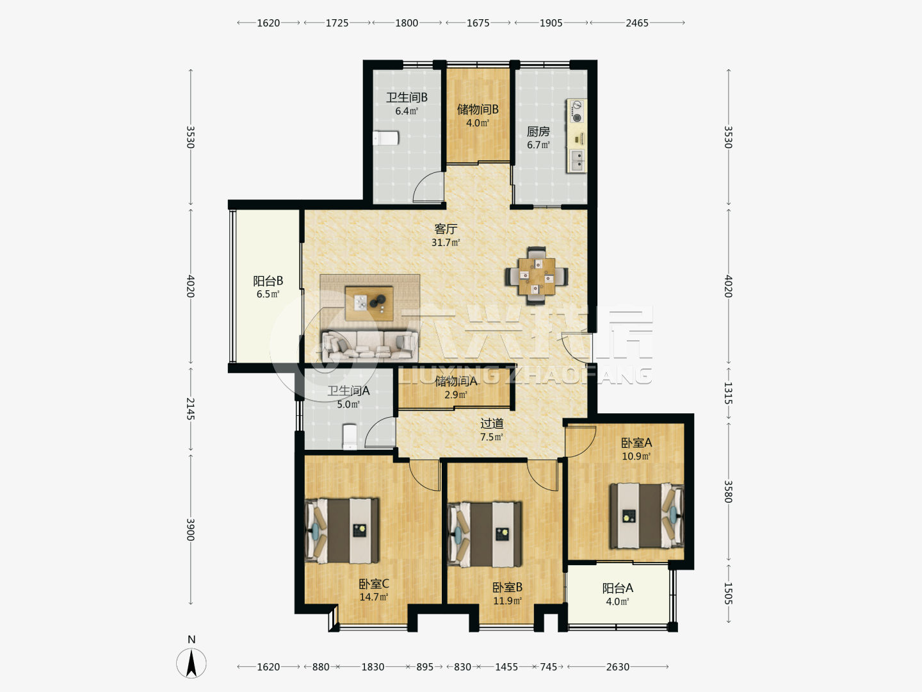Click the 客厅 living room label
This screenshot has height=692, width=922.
[x=446, y=229]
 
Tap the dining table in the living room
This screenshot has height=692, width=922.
[x=537, y=276]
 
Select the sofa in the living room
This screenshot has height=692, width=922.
[x=369, y=346]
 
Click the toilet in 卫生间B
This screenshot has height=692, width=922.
[x=385, y=138]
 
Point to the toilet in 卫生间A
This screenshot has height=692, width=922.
[x=350, y=436]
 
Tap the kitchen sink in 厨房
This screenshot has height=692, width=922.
[x=577, y=160]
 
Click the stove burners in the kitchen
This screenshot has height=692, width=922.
[x=577, y=111]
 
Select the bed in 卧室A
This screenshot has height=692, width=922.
[x=647, y=516]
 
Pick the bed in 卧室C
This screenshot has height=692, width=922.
[x=342, y=531]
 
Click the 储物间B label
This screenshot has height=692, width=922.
[x=478, y=110]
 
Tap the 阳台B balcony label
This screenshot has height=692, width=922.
[x=268, y=281]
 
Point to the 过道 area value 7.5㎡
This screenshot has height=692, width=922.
[x=492, y=437]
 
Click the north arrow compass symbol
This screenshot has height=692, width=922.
[x=191, y=663]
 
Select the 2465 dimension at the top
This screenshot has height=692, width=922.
[x=637, y=23]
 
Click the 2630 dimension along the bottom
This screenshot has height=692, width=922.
[x=617, y=667]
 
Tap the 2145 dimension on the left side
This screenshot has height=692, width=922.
[x=190, y=409]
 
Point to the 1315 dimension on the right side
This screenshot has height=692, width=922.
[x=728, y=393]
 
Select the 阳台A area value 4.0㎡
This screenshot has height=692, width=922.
[x=617, y=602]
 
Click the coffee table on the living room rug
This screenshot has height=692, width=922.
[x=369, y=303]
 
